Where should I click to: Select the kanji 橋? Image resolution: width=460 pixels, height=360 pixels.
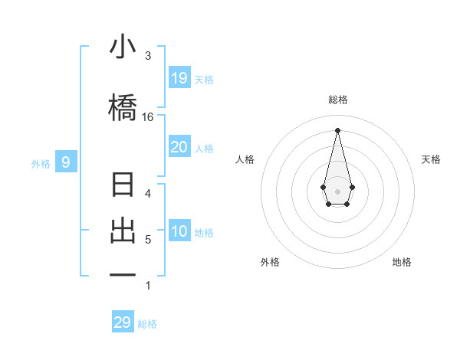(123, 107)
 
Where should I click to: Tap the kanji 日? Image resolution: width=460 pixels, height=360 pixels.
(123, 186)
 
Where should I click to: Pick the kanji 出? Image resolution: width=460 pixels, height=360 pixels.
(123, 231)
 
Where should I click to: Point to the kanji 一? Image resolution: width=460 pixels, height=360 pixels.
(123, 274)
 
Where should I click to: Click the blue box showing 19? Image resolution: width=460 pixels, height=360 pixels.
(179, 78)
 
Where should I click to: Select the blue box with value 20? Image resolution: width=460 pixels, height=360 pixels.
(179, 147)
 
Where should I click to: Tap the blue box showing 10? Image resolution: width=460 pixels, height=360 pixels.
(179, 232)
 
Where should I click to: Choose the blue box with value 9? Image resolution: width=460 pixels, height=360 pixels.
(66, 162)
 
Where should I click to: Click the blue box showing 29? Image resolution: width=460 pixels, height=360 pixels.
(123, 322)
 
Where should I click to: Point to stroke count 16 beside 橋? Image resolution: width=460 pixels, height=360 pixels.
(147, 117)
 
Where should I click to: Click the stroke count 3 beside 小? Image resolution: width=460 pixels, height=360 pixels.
(148, 56)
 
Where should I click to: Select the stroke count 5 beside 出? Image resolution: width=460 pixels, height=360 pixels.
(148, 240)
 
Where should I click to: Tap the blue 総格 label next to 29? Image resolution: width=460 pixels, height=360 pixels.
(147, 324)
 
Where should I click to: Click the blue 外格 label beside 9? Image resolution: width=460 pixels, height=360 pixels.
(40, 163)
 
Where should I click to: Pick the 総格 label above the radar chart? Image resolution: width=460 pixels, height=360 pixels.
(337, 100)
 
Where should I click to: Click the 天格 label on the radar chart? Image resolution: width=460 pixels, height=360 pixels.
(431, 159)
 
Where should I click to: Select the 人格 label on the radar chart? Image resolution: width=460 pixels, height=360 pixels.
(245, 159)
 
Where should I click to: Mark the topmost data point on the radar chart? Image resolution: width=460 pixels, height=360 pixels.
(337, 129)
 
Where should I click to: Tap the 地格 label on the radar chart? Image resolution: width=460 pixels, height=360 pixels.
(402, 262)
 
